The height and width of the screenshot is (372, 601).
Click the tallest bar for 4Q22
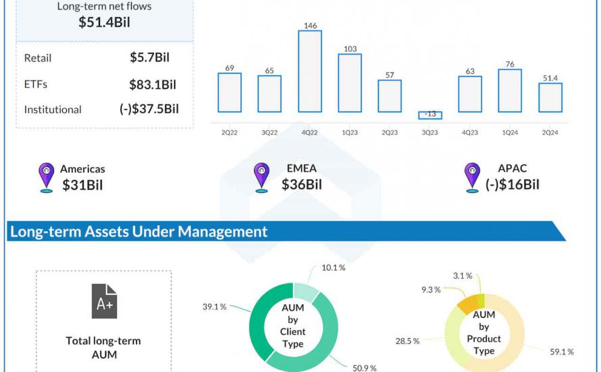coord(310,71)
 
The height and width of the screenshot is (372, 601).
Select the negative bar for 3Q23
coord(429,115)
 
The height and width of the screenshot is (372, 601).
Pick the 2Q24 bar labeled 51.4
coord(550,97)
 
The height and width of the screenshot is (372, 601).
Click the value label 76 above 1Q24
coord(510,64)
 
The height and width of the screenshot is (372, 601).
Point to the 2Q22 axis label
coord(230,133)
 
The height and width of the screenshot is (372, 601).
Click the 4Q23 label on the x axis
coord(470,133)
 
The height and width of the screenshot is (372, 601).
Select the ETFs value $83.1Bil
coord(153,85)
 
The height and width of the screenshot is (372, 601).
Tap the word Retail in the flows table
coord(38,58)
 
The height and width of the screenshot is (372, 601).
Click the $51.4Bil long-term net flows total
coord(104,22)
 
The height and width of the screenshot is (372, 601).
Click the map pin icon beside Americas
coord(46,178)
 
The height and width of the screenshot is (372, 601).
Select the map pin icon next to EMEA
coord(261,177)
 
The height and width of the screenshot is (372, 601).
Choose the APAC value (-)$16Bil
coord(513,185)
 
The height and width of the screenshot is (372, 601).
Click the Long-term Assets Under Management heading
coord(138,231)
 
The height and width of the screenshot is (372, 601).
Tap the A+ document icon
coord(104,301)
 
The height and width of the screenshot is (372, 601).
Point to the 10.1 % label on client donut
coord(333,268)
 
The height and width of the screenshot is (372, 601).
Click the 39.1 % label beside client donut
coord(214,306)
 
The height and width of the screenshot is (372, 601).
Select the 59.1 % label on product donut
coord(562,352)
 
